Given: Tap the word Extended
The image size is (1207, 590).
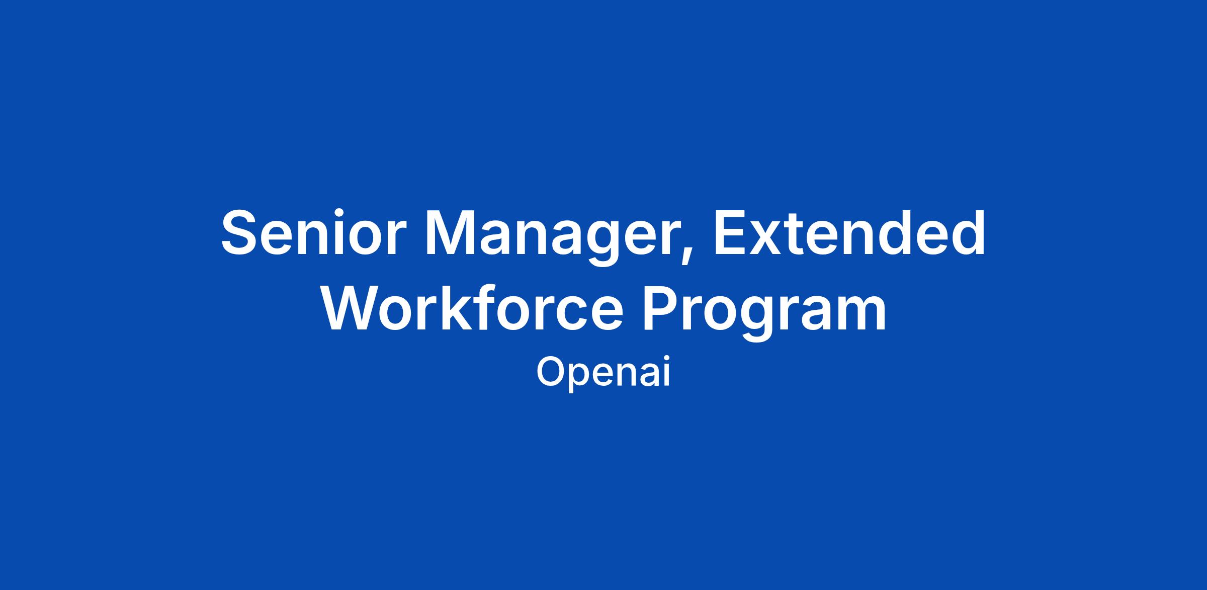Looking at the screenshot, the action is pos(849,232).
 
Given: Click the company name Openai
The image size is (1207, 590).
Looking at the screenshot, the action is pos(603,373).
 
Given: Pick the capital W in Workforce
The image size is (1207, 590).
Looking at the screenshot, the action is pos(352,308).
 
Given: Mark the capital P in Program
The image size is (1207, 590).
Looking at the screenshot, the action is pos(663,308).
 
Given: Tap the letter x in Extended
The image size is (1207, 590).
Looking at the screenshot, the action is pos(767,239).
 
